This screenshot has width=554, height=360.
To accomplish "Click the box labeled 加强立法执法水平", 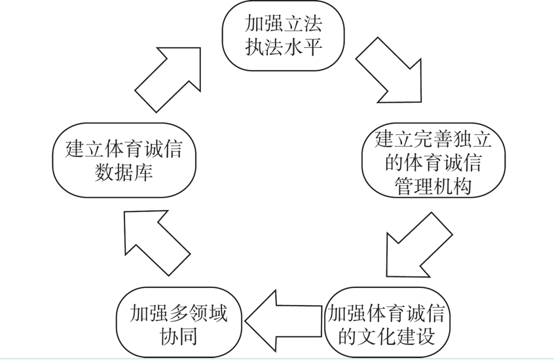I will coord(283,36).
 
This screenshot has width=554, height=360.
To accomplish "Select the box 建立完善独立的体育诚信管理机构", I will coord(432,161).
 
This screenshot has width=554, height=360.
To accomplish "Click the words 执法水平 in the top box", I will coord(283,48).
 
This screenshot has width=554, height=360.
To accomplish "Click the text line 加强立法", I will coord(283,24).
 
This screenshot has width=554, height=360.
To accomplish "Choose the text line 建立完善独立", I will coord(432,138).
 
